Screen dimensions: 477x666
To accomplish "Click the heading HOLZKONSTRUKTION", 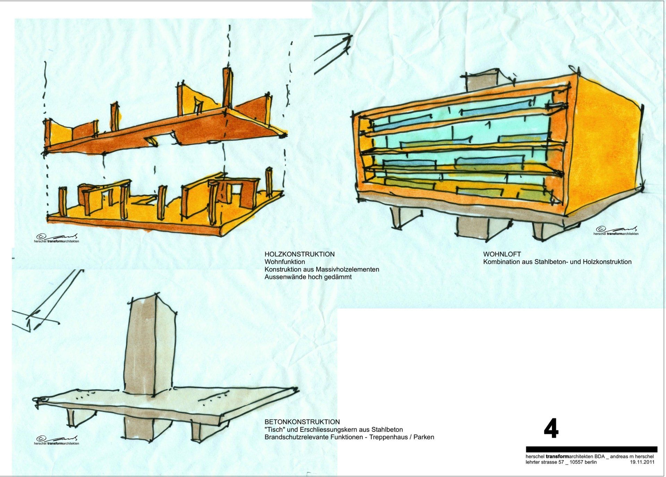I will (x=299, y=254).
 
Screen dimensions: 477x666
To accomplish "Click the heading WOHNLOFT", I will (x=502, y=254).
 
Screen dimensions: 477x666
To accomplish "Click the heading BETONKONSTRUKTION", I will (x=302, y=422).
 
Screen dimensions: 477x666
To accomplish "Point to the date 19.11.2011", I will (x=642, y=462).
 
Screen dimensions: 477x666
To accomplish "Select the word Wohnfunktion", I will (x=285, y=262).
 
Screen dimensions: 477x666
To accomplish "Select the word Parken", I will (x=424, y=437).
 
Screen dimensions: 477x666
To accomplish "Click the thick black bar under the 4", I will (x=591, y=449).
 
